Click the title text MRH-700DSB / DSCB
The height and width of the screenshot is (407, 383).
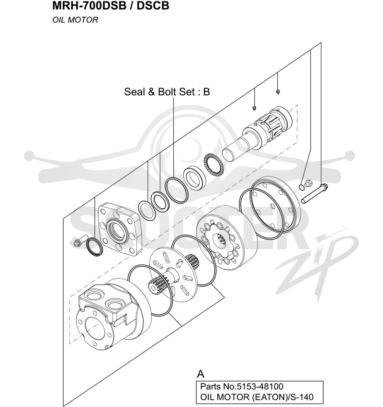tap(111, 6)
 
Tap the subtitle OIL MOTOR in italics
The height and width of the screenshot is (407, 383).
tap(75, 20)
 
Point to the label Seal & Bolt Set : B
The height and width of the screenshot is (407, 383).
tap(167, 91)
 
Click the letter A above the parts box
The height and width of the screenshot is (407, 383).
tap(201, 374)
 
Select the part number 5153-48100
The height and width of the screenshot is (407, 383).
tap(259, 386)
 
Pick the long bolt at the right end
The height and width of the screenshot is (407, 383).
tap(314, 193)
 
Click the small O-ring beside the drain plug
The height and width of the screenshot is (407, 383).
tap(302, 187)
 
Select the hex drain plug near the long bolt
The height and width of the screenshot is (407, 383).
tap(308, 183)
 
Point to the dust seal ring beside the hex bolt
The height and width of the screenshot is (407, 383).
tap(94, 246)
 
